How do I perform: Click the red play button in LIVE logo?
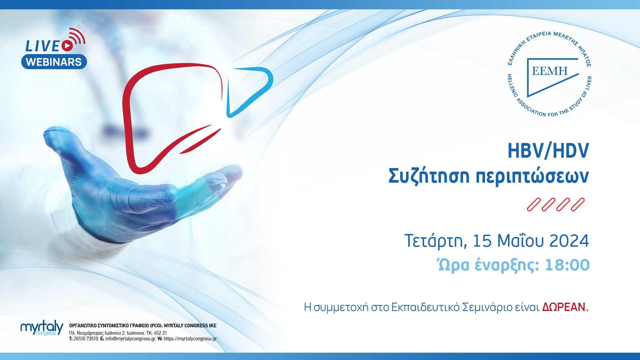pyautogui.click(x=67, y=46)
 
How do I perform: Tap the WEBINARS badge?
pyautogui.click(x=54, y=62)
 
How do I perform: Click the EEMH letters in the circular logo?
pyautogui.click(x=550, y=71)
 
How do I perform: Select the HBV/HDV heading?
pyautogui.click(x=548, y=151)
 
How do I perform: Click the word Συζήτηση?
pyautogui.click(x=429, y=176)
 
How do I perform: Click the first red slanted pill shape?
pyautogui.click(x=534, y=205)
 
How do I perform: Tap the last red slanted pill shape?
pyautogui.click(x=578, y=205)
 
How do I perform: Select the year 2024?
pyautogui.click(x=569, y=241)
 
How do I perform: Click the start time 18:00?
pyautogui.click(x=567, y=265)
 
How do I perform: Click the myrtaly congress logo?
pyautogui.click(x=42, y=328)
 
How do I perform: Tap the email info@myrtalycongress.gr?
pyautogui.click(x=130, y=339)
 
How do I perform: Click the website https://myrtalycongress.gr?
pyautogui.click(x=190, y=339)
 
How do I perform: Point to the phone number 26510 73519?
pyautogui.click(x=86, y=339)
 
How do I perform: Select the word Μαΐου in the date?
pyautogui.click(x=520, y=241)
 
